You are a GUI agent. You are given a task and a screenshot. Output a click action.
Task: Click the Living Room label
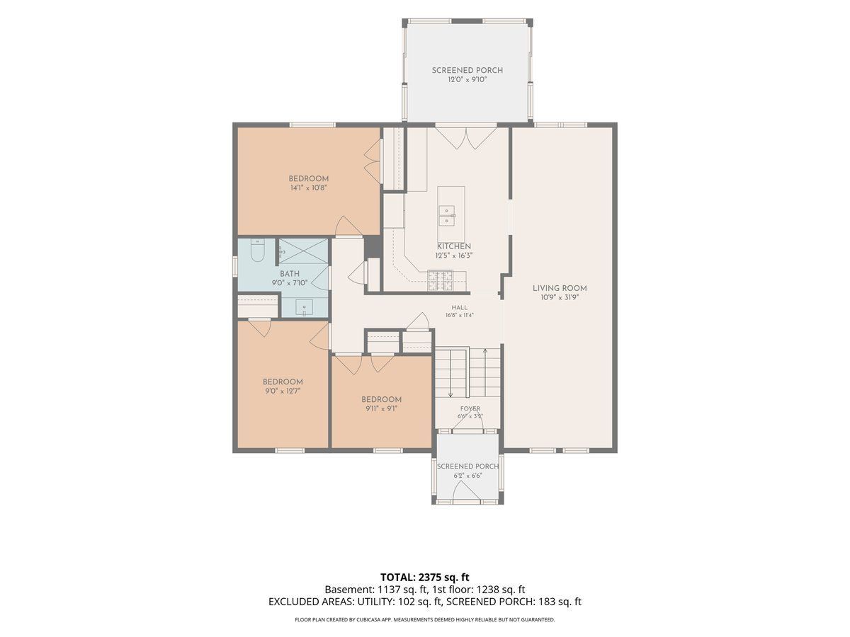(559, 288)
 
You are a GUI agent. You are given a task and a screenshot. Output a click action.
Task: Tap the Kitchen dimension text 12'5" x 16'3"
(454, 256)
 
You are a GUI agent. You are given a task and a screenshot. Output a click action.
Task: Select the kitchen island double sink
(446, 216)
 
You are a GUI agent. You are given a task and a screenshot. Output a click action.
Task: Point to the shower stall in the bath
(303, 251)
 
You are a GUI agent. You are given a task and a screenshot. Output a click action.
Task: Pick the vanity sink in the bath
(304, 308)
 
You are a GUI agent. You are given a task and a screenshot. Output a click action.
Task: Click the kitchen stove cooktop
(440, 280)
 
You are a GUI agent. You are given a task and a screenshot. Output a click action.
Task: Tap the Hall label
(459, 307)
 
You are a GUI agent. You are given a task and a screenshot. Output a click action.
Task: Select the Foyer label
(470, 408)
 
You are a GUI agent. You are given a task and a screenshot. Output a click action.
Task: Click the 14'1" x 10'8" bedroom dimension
(309, 188)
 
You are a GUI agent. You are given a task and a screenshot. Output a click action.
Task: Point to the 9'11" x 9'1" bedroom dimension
(381, 408)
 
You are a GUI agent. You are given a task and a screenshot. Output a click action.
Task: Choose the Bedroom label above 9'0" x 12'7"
(283, 381)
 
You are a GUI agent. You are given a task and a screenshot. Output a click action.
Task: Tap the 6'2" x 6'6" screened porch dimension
(467, 476)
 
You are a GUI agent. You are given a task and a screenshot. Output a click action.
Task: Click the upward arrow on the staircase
(484, 372)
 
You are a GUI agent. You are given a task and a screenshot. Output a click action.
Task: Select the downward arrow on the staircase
(450, 373)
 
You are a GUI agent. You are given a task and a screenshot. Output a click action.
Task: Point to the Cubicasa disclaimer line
(425, 619)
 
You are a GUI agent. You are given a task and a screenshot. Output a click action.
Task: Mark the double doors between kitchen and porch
(466, 137)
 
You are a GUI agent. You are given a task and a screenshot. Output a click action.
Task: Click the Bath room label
(290, 274)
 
